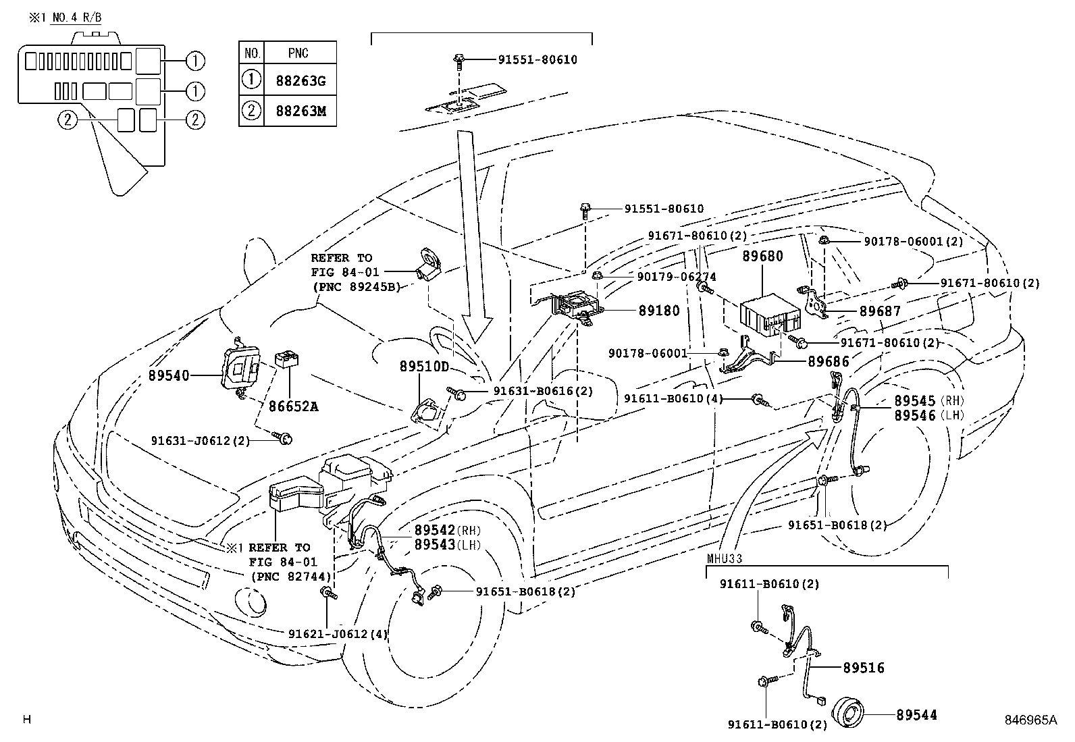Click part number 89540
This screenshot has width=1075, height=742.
click(169, 375)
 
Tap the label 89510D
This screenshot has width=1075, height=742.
click(424, 367)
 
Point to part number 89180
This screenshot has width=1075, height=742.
click(659, 311)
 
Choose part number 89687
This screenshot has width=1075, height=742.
click(880, 311)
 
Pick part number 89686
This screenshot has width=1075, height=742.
click(829, 361)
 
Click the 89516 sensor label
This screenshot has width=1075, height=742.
click(863, 668)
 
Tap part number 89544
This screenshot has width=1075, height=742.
click(917, 715)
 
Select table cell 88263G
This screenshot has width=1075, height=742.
click(300, 81)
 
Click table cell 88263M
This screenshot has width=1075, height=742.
click(300, 111)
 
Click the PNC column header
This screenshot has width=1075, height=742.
click(298, 53)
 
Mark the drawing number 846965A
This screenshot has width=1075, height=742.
click(1030, 720)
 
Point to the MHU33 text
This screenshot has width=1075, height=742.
click(725, 559)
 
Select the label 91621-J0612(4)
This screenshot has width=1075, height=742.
click(338, 633)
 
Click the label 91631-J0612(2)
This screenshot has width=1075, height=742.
click(200, 440)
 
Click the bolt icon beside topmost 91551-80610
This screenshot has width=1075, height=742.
click(458, 60)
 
